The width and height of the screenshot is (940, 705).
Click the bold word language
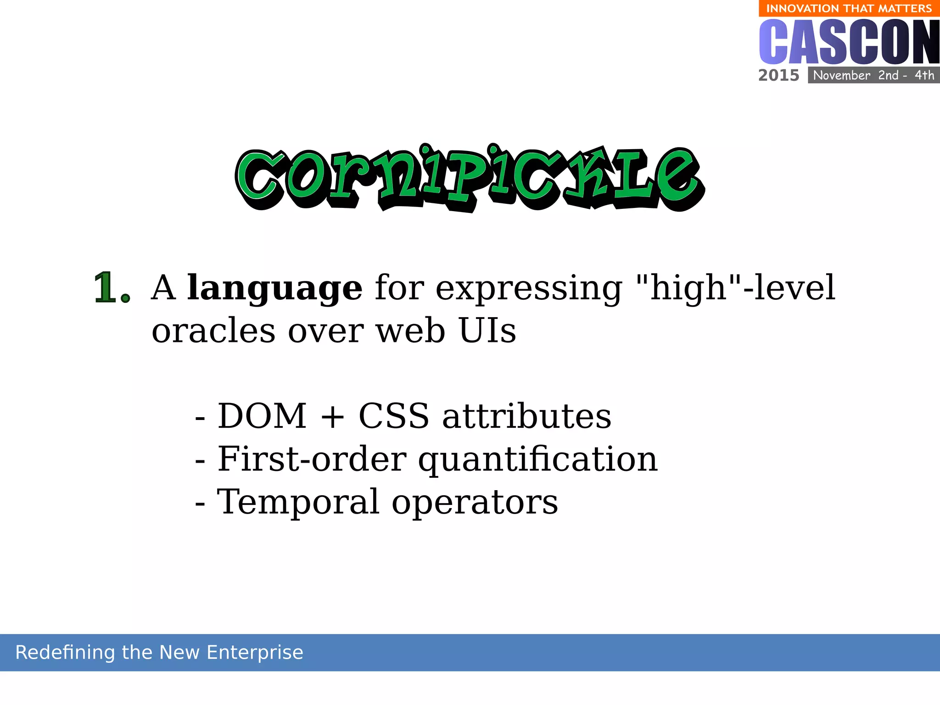point(274,288)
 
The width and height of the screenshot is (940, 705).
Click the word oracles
point(213,331)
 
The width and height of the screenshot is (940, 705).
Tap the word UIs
point(487,331)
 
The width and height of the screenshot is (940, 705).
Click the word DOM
point(262,416)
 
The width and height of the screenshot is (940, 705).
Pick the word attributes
point(526,416)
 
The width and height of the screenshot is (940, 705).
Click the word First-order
point(312,459)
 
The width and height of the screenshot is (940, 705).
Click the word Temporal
point(298,502)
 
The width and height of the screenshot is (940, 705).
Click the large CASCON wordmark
point(849,42)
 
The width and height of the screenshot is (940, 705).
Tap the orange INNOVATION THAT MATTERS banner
point(849,8)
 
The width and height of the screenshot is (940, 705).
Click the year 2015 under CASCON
point(778,75)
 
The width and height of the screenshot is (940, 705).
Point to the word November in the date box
point(841,75)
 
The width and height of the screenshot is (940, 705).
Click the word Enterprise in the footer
point(255,653)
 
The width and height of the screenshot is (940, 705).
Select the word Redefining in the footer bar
point(65,653)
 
